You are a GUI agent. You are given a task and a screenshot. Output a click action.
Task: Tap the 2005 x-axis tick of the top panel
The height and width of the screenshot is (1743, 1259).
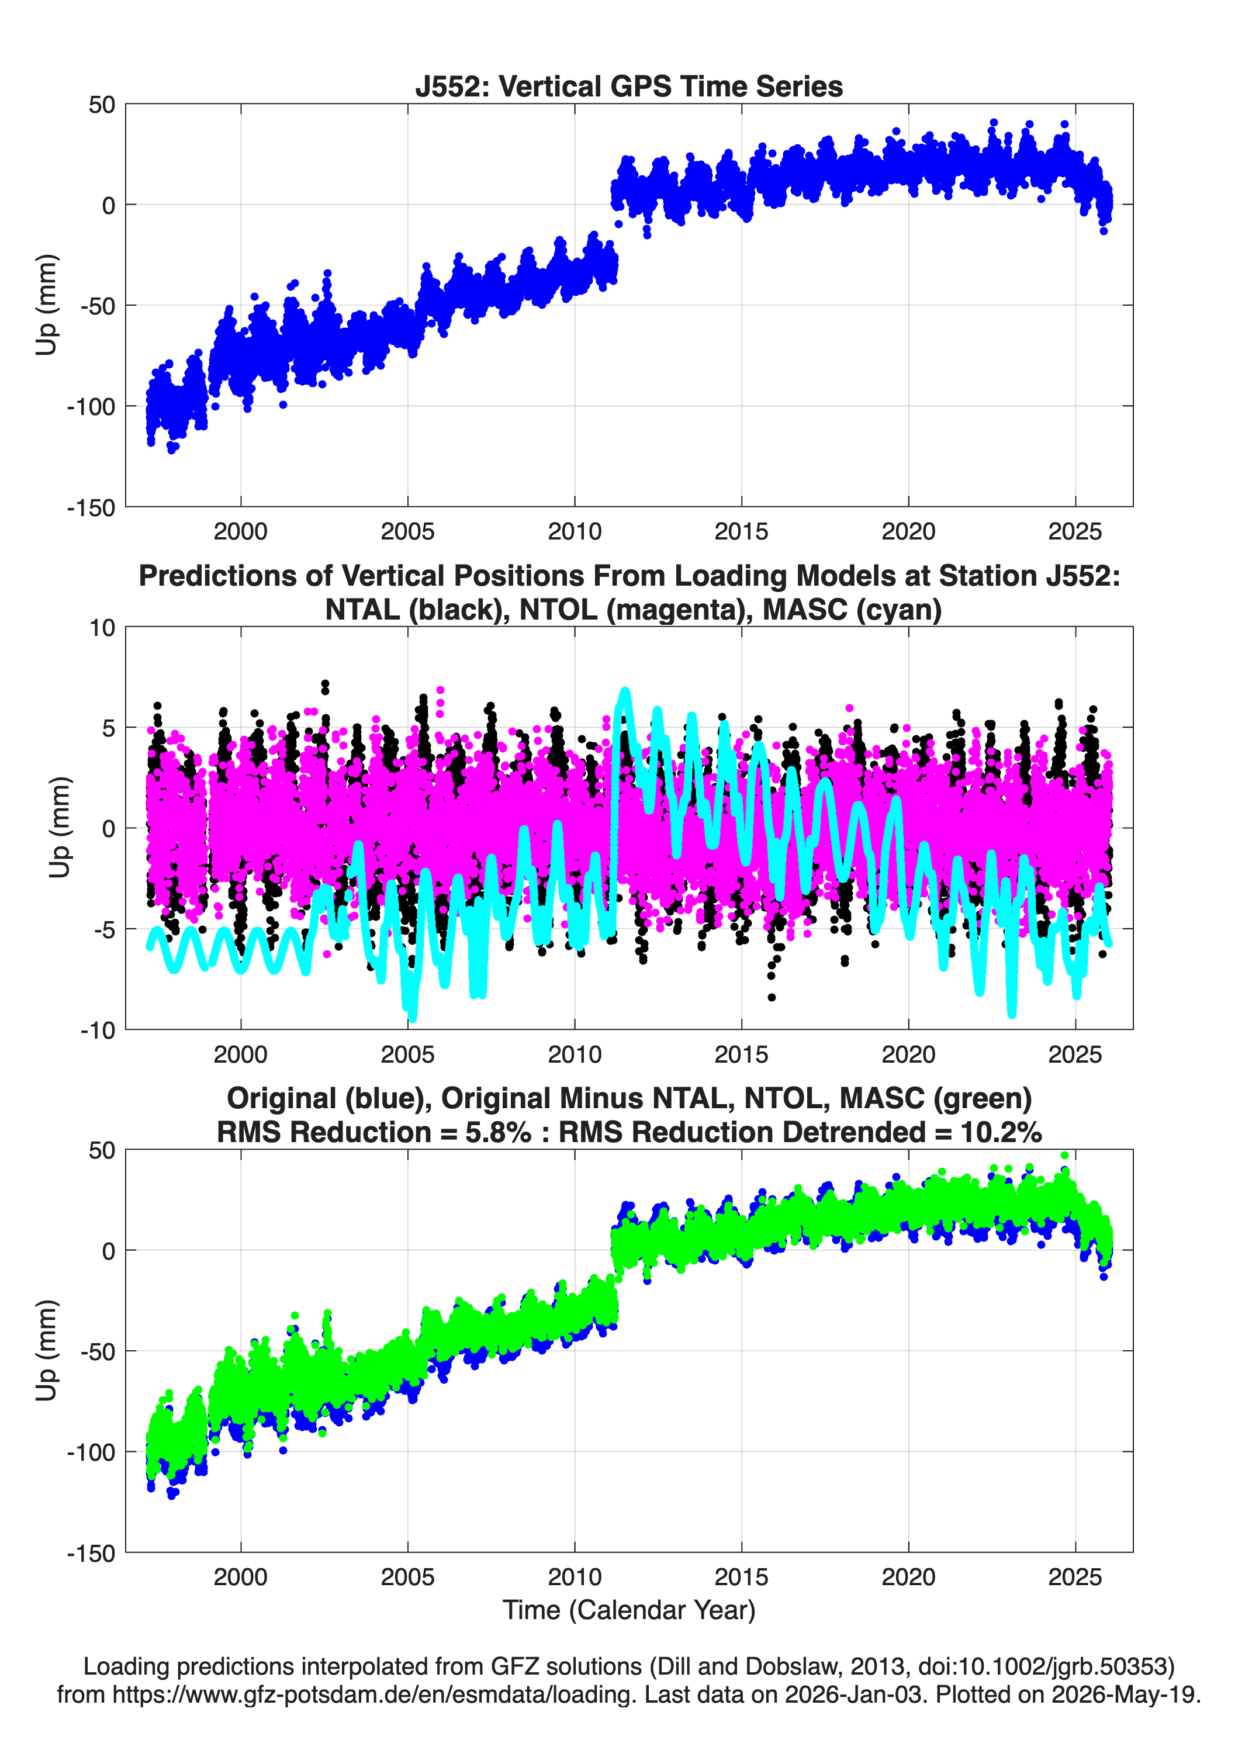(x=407, y=531)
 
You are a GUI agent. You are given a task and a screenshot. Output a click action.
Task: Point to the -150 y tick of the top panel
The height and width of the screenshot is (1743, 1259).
(x=91, y=507)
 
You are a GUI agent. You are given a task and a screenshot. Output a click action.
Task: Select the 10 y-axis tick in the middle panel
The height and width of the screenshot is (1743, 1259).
(x=102, y=627)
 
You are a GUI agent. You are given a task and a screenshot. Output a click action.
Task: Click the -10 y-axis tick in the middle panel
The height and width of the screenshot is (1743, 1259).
(x=98, y=1030)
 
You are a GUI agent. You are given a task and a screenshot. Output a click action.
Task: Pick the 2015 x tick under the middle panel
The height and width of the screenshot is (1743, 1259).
(x=741, y=1054)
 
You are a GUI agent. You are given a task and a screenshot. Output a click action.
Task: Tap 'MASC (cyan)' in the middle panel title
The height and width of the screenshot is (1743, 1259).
(x=852, y=610)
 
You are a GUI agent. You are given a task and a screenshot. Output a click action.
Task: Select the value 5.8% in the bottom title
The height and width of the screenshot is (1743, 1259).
(x=497, y=1132)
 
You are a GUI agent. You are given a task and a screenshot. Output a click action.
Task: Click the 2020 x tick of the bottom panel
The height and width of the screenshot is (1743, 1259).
(x=908, y=1577)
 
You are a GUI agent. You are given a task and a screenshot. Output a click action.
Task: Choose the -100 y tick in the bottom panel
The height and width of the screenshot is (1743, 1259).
(x=91, y=1452)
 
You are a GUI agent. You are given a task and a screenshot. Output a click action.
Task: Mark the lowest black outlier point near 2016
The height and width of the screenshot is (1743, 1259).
(x=772, y=998)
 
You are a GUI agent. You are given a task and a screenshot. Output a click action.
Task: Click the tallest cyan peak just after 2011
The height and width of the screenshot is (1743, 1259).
(x=625, y=691)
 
